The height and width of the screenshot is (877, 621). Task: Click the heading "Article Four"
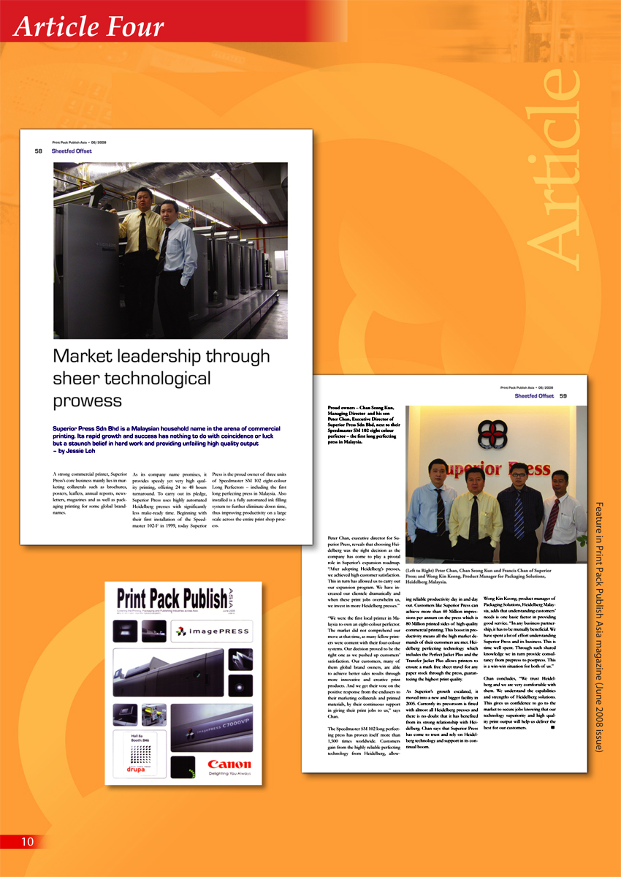pos(88,28)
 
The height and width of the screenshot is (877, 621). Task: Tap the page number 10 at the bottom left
pos(27,841)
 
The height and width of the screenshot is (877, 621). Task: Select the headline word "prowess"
pos(87,400)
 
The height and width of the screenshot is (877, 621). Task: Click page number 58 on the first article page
pos(38,151)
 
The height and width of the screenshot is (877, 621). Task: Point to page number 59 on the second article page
pos(563,396)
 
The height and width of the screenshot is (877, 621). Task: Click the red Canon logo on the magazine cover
pos(229,760)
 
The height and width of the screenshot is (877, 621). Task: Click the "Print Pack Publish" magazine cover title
pos(172,599)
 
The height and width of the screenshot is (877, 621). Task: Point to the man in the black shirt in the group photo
pos(519,512)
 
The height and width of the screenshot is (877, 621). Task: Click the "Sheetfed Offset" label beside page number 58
pos(72,151)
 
